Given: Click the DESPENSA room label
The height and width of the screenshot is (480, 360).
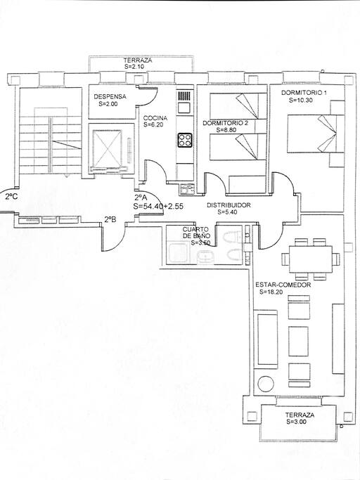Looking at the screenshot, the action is pyautogui.click(x=110, y=96).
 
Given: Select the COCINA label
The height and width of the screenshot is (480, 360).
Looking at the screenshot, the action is pyautogui.click(x=155, y=118).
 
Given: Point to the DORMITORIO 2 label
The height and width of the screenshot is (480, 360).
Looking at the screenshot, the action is pyautogui.click(x=226, y=123).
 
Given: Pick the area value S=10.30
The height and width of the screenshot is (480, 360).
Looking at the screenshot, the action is pyautogui.click(x=301, y=100).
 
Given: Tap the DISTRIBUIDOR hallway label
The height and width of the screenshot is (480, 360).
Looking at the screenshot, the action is pyautogui.click(x=229, y=205).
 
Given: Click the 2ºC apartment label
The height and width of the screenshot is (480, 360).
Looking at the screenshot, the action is pyautogui.click(x=11, y=197).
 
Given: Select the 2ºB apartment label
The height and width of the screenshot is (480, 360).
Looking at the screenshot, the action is pyautogui.click(x=110, y=219).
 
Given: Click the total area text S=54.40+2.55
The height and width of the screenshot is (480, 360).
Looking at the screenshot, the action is pyautogui.click(x=158, y=207).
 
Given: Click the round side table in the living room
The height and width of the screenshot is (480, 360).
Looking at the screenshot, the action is pyautogui.click(x=265, y=383).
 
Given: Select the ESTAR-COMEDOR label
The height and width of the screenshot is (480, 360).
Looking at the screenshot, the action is pyautogui.click(x=283, y=285).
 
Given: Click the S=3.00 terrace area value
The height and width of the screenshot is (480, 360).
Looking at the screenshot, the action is pyautogui.click(x=296, y=422).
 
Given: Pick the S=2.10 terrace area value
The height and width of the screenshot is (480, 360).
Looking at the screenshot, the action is pyautogui.click(x=134, y=67).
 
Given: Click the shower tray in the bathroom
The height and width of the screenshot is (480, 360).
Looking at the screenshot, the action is pyautogui.click(x=177, y=254).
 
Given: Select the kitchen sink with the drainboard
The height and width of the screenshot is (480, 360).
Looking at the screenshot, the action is pyautogui.click(x=185, y=102).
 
